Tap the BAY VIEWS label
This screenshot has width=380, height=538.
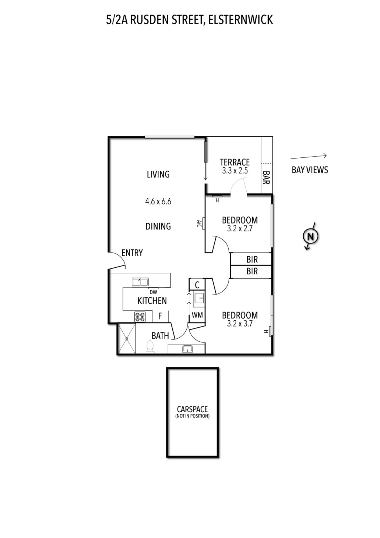310,170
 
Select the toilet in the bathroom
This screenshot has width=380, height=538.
150,347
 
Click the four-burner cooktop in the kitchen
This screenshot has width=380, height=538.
140,317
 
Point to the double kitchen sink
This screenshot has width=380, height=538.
140,282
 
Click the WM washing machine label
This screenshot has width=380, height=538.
197,315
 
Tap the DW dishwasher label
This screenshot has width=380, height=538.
153,292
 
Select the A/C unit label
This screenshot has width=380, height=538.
199,224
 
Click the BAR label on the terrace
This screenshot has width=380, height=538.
266,178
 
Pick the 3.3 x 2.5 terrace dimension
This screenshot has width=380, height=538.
235,171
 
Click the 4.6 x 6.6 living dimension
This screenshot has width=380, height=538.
158,201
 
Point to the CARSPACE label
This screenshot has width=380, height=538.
192,409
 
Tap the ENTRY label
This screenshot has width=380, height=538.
132,253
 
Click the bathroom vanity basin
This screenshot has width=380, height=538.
187,349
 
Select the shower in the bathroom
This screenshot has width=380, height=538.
126,338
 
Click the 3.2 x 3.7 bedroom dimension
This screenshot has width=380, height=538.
240,324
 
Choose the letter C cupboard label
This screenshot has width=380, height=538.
197,285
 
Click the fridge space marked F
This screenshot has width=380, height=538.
160,316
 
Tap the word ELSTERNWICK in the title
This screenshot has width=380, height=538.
240,20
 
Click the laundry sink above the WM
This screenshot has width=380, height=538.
199,298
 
